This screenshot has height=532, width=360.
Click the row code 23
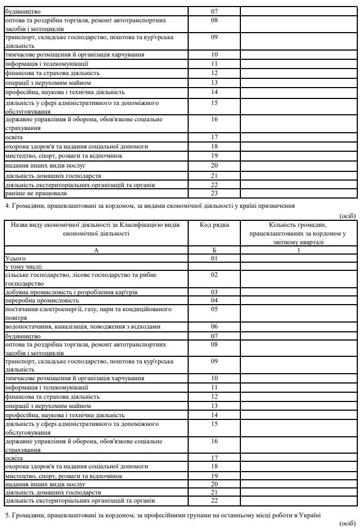click(x=214, y=193)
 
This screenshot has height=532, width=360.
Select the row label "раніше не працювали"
click(x=28, y=193)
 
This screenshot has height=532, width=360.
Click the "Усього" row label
click(x=15, y=258)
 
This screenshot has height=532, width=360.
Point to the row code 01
click(x=214, y=258)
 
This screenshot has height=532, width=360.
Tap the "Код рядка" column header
click(x=214, y=225)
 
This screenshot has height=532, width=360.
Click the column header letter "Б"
click(x=214, y=250)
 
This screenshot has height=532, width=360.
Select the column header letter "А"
click(x=96, y=250)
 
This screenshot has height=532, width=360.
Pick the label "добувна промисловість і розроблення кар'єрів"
click(x=71, y=292)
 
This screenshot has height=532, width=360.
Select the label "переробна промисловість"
click(x=42, y=300)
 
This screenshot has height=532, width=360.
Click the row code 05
click(x=214, y=309)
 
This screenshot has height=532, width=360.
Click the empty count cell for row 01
click(x=299, y=258)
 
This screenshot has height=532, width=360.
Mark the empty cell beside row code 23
click(x=299, y=193)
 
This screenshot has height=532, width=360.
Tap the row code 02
click(x=214, y=275)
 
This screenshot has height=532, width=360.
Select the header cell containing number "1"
click(x=299, y=250)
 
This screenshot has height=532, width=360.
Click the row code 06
click(x=214, y=326)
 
